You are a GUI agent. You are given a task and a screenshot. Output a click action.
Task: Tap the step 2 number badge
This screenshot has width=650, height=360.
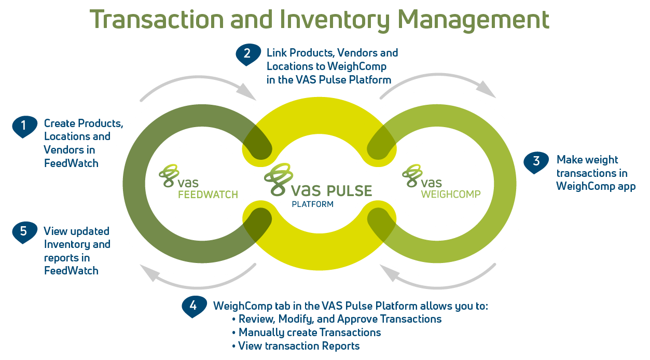point(248,53)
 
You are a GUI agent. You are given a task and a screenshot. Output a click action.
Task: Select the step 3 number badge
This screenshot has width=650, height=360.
point(536,161)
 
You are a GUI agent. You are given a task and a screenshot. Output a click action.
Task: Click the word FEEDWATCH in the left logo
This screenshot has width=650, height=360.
point(208,195)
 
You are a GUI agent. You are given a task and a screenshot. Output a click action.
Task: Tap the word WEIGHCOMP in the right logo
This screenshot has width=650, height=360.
point(450,195)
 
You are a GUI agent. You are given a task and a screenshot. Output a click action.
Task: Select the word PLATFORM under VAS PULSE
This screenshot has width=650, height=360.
point(312,204)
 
